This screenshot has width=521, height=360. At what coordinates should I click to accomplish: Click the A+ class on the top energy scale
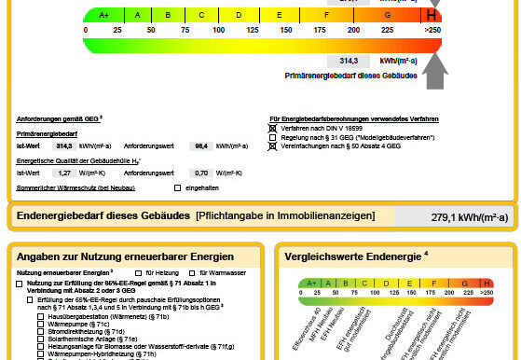click(x=103, y=15)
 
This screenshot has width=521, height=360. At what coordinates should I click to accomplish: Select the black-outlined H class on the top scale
click(x=431, y=15)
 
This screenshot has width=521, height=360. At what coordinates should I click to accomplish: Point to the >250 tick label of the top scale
click(x=431, y=31)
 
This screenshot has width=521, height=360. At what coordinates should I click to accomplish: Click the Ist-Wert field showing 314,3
click(x=64, y=146)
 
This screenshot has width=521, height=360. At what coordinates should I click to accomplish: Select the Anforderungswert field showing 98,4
click(x=199, y=146)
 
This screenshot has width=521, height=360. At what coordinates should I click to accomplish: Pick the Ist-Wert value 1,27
click(x=64, y=173)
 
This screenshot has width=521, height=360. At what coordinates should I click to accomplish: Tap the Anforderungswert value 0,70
click(x=199, y=173)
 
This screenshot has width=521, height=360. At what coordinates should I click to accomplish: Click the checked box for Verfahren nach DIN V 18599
click(x=274, y=128)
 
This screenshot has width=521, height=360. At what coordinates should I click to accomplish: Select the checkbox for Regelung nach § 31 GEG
click(x=274, y=137)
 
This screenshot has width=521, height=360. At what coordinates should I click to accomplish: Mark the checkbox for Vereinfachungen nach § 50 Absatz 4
click(x=274, y=146)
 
